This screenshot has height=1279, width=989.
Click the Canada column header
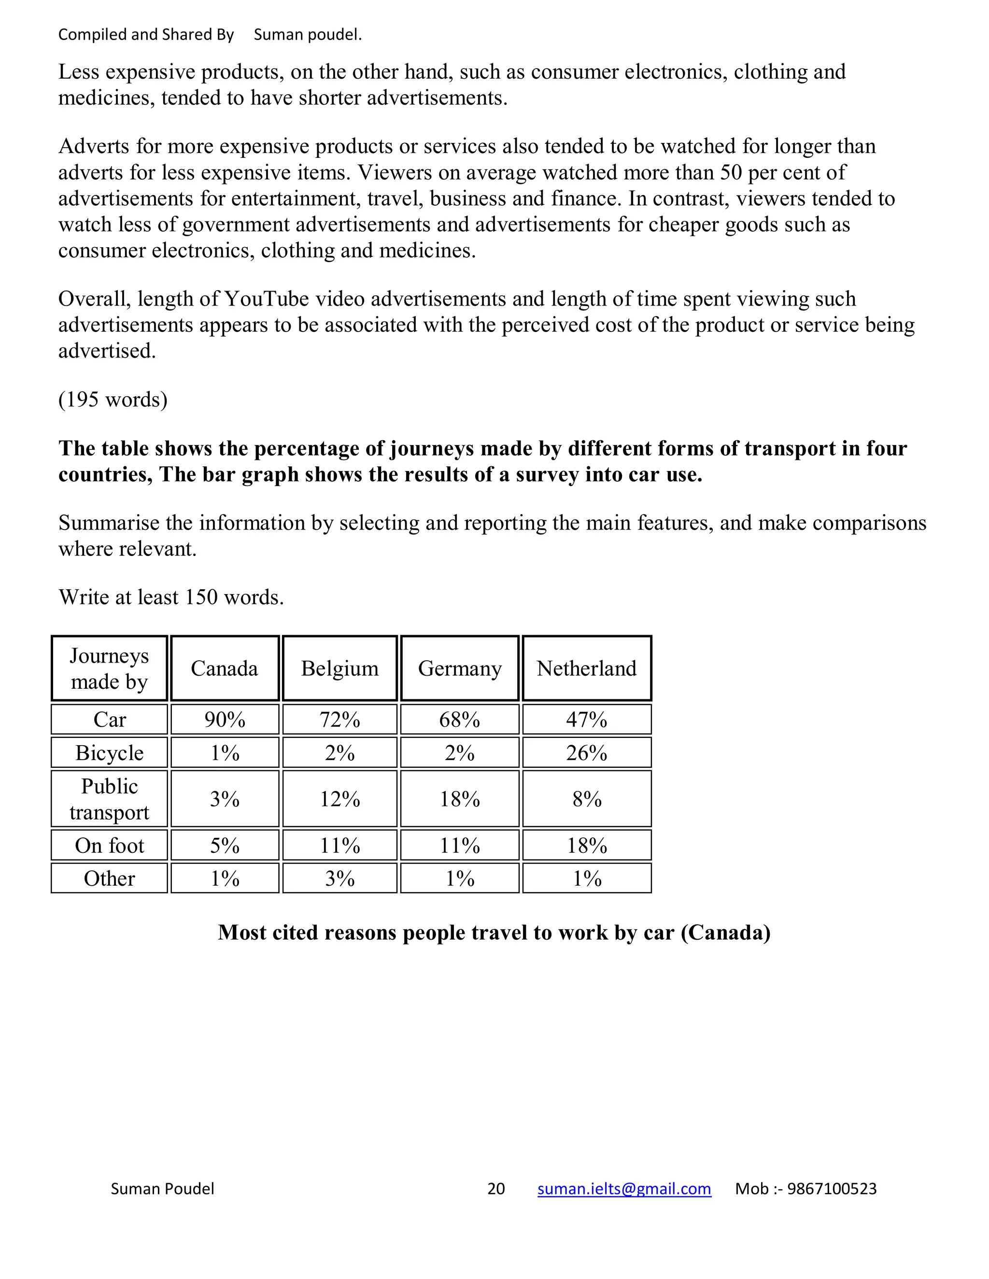pos(225,668)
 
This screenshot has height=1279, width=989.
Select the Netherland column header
pos(586,668)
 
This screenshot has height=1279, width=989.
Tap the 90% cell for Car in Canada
pos(225,719)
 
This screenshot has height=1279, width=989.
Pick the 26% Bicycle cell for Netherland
pos(586,752)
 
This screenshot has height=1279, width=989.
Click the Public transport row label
pos(109,799)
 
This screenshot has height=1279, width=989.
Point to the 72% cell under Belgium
pos(340,719)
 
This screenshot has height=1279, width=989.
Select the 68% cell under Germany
pos(460,719)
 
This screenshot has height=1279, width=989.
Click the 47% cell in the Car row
pos(586,719)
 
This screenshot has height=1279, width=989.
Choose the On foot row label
pos(109,845)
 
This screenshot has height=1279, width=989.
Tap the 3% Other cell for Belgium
pos(340,878)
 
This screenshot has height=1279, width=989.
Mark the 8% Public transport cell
pos(586,799)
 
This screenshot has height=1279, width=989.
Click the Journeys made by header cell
pos(109,668)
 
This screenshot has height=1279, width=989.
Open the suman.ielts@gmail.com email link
pos(624,1188)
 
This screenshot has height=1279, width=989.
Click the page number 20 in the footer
pos(495,1188)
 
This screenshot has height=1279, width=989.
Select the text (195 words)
pos(113,400)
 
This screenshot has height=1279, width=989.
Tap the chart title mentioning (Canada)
pos(494,932)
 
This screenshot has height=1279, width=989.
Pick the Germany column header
pos(460,668)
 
